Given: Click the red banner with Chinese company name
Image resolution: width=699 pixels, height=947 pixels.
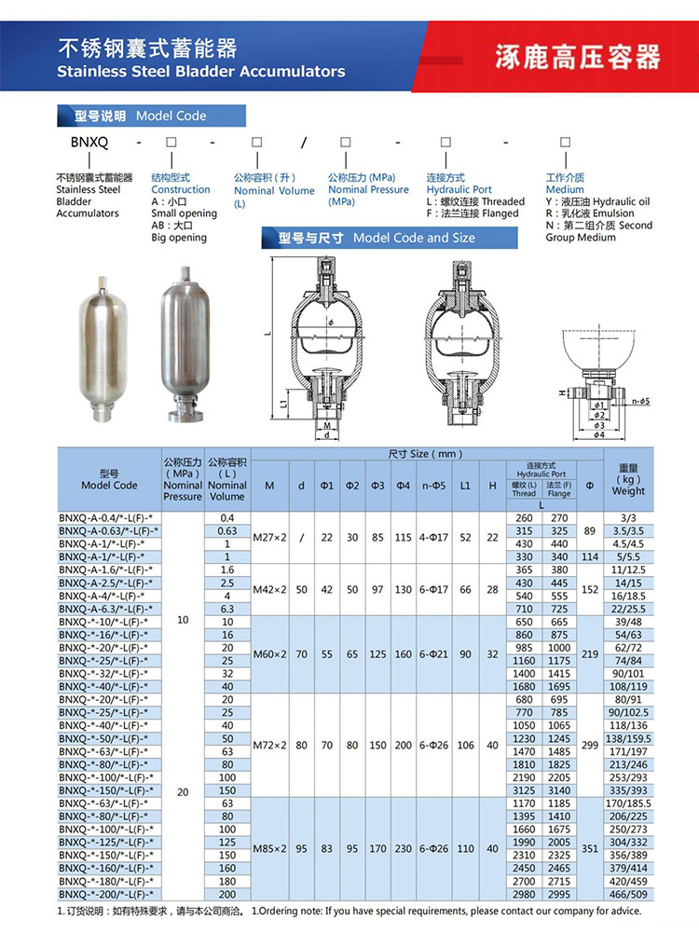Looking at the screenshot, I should pos(578,57).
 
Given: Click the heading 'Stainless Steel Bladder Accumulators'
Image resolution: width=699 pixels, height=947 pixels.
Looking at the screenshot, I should pos(200,72).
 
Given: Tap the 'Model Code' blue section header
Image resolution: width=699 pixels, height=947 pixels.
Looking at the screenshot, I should pos(151,116).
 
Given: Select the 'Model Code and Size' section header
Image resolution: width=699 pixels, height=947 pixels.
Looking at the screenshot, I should pos(390,238).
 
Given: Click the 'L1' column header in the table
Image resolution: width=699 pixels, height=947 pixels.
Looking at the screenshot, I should pos(465,486).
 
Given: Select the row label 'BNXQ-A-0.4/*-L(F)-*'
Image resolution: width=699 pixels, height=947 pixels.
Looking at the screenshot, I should pos(105,517).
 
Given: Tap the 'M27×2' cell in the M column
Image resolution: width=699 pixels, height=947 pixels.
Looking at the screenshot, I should pos(269,537).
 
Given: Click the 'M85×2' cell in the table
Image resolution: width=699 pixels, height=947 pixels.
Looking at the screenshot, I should pos(269,848).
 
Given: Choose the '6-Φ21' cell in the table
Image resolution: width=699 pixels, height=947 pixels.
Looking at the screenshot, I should pos(434,653).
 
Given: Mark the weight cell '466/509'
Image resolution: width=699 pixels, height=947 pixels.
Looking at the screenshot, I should pos(628,893).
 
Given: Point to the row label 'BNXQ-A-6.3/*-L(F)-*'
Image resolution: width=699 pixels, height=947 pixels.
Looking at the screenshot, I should pos(105,609).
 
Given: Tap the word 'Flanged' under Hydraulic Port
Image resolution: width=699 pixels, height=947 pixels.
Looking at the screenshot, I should pos(500,213).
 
